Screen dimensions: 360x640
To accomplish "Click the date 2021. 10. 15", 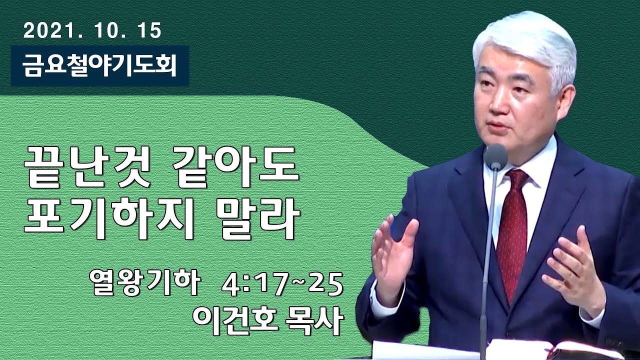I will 92,31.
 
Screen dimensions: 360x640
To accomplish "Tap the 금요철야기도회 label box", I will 100,66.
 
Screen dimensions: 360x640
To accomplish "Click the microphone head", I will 495,156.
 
